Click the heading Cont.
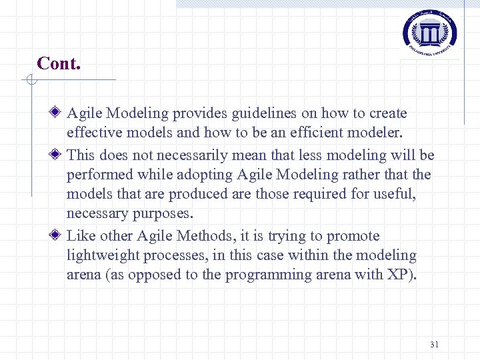[x=59, y=63]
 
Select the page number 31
[x=435, y=345]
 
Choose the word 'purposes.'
[x=160, y=214]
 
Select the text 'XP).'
[x=401, y=275]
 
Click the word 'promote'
[x=355, y=236]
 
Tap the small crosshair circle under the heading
[x=30, y=81]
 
